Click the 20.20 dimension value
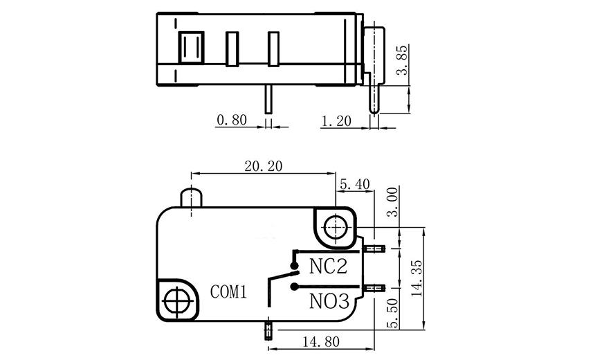point(263,166)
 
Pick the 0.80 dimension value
point(232,120)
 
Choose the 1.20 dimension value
point(337,120)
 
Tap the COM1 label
point(228,292)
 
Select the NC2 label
point(328,267)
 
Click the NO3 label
point(328,301)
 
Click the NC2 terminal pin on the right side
point(374,249)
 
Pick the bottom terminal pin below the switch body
point(266,330)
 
